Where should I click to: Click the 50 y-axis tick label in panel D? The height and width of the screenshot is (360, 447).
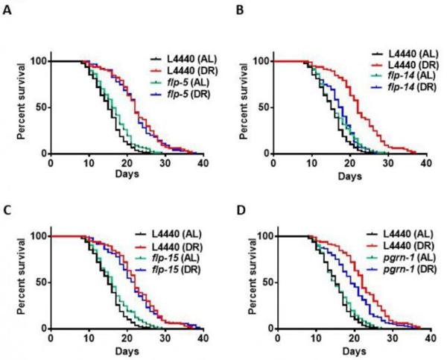pos(261,282)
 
